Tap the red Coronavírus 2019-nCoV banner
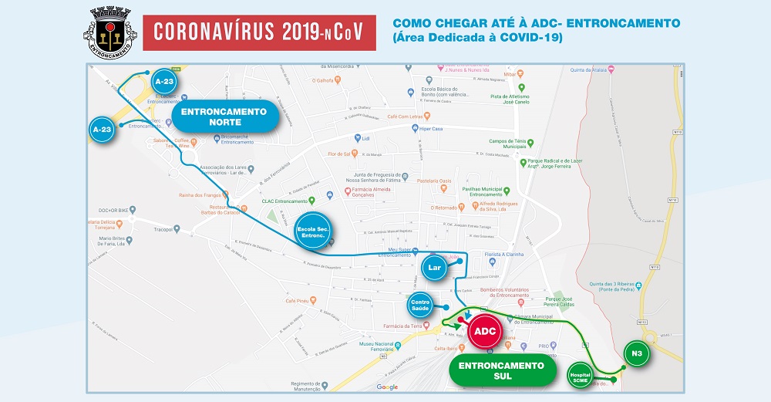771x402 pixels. tap(259, 32)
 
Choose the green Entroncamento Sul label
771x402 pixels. tap(501, 370)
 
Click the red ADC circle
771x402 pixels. tap(484, 331)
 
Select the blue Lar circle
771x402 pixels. tap(434, 268)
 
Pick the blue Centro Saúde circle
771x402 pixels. tap(421, 306)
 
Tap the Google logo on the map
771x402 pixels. tap(387, 387)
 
